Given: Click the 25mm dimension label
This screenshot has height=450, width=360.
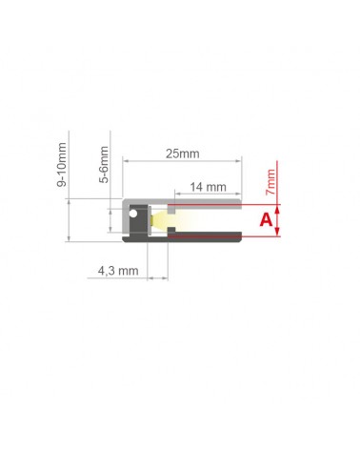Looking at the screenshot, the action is pos(183,153).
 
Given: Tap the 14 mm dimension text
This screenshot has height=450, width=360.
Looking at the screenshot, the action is pos(209,187).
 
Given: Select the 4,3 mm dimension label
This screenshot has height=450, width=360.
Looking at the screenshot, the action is pos(118,271).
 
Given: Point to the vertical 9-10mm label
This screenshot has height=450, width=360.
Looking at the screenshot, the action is pos(62,164).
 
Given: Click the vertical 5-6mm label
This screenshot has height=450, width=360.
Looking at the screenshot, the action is pos(104,165).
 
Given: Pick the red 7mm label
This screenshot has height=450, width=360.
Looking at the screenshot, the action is pos(270,182).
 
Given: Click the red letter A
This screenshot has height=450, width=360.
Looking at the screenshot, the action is pos(266,219).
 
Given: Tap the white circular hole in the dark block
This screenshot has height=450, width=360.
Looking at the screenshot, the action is pos(133,214).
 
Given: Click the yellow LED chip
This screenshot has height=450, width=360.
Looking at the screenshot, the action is pos(152,220).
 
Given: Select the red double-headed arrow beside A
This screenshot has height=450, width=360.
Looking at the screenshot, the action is pos(277,220).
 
